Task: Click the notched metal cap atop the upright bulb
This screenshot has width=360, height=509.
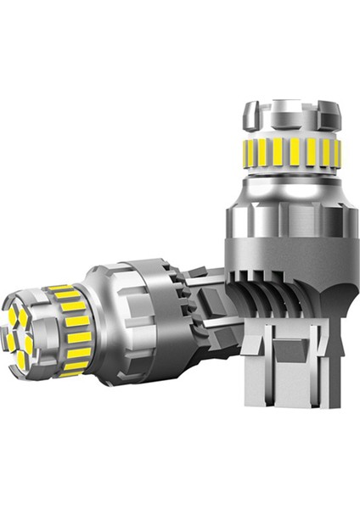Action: [291, 115]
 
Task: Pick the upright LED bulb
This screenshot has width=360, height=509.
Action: [290, 255]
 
